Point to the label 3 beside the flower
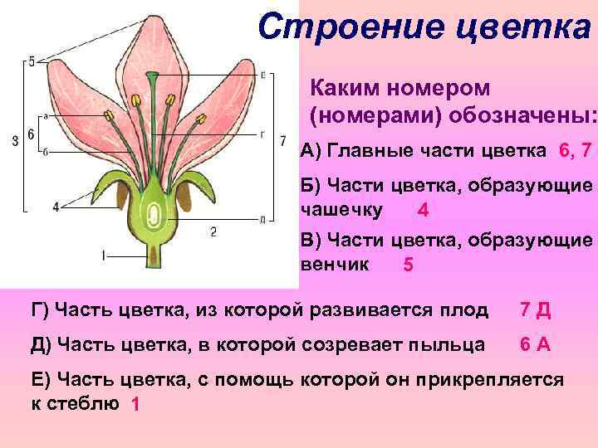(x=16, y=141)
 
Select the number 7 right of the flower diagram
(x=282, y=139)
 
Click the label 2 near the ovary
(x=214, y=231)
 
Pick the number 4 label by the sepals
(x=56, y=207)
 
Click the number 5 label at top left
(x=31, y=61)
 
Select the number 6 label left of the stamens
(x=30, y=134)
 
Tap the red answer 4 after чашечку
(x=424, y=211)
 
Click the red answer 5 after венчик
(x=408, y=265)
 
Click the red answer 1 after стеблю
(x=135, y=404)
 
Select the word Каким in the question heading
(x=343, y=87)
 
